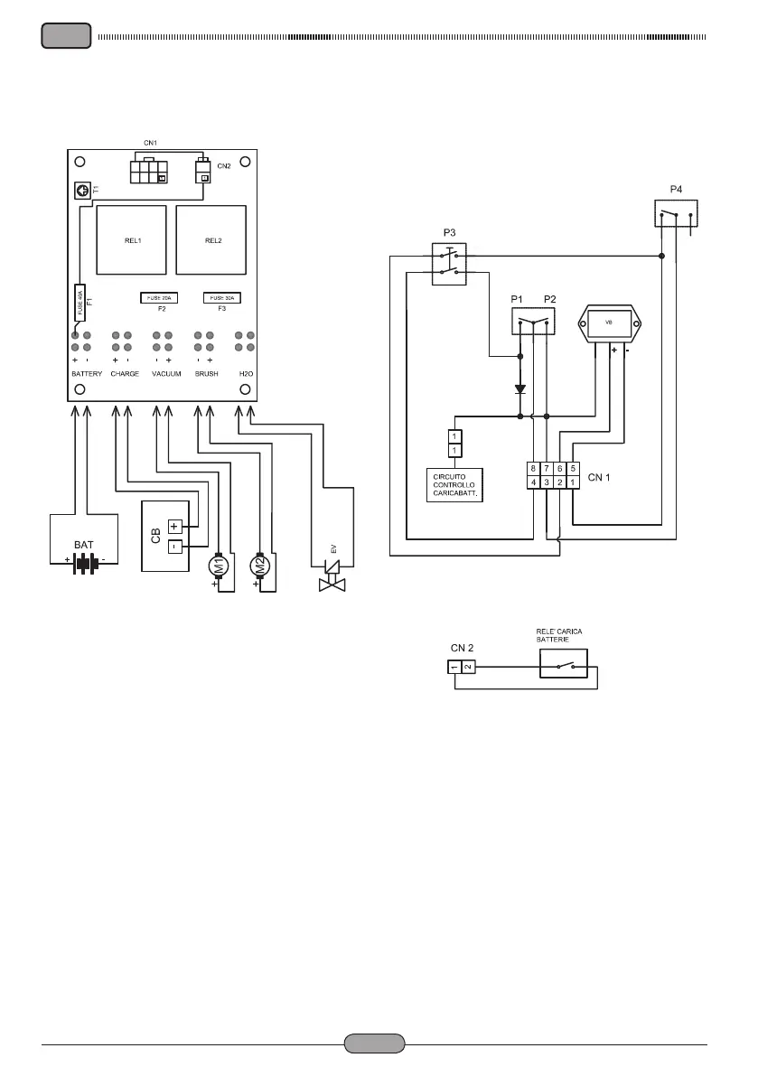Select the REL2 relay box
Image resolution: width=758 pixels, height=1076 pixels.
coord(211,239)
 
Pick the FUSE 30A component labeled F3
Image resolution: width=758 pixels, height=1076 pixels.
coord(222,297)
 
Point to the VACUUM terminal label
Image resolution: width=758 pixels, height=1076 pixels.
coord(166,373)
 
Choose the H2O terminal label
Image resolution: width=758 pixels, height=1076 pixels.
coord(244,373)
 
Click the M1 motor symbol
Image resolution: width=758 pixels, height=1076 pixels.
coord(217,566)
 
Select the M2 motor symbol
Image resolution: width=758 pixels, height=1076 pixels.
coord(259,566)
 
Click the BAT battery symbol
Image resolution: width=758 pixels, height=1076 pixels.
coord(85,562)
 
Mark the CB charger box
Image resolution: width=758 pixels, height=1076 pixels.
coord(166,536)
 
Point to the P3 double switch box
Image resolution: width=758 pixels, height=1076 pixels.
coord(448,263)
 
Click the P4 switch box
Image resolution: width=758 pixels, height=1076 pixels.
coord(676,215)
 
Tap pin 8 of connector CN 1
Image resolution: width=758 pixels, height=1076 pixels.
coord(534,469)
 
